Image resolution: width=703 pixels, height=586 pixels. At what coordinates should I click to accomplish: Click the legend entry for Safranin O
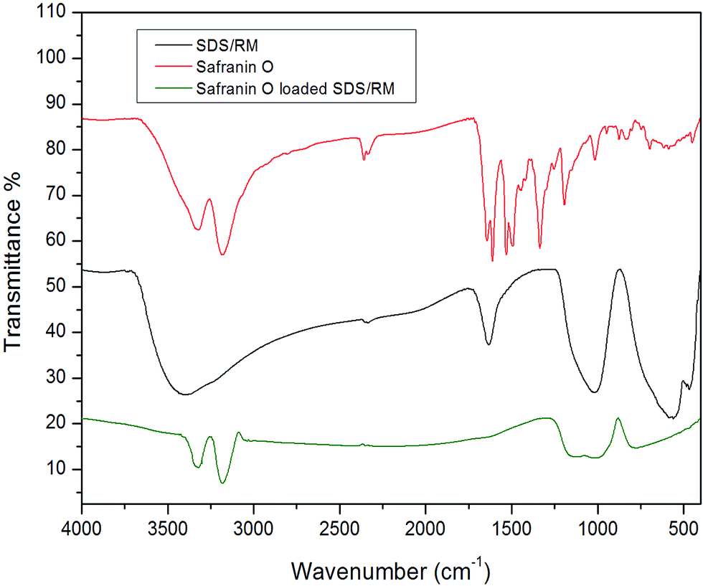click(x=225, y=70)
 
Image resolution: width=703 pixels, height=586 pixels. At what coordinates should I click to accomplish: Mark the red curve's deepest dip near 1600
click(x=492, y=260)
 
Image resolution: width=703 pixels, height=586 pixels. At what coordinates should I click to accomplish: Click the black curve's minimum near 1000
click(x=595, y=392)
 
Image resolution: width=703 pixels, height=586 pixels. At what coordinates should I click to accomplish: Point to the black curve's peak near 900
click(x=618, y=270)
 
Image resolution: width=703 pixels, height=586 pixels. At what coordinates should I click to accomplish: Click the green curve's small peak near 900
click(x=618, y=417)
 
